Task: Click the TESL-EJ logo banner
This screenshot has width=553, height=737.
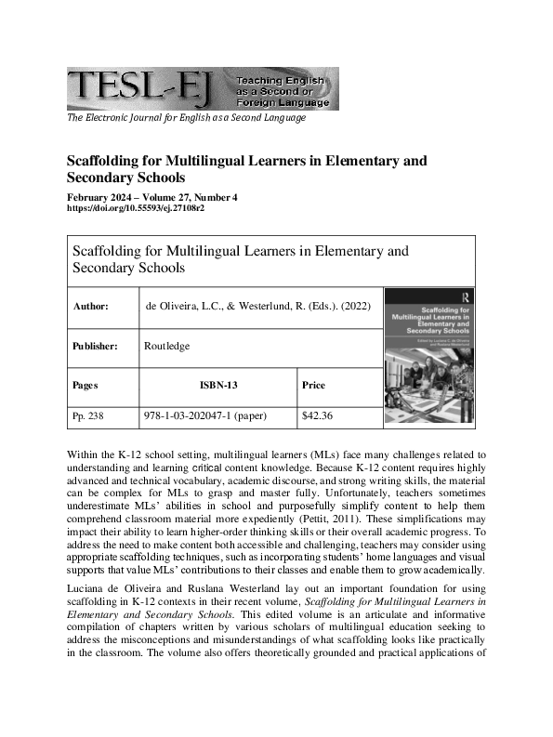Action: point(202,88)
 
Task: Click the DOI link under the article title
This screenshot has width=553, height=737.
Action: point(136,208)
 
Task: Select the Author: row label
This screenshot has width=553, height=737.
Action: point(90,305)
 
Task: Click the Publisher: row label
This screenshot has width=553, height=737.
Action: point(95,346)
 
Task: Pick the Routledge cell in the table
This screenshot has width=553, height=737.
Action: point(167,346)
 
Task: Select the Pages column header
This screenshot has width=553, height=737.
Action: point(85,384)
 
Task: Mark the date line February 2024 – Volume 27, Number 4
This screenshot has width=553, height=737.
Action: point(152,197)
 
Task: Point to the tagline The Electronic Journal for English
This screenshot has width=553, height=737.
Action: point(186,118)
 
